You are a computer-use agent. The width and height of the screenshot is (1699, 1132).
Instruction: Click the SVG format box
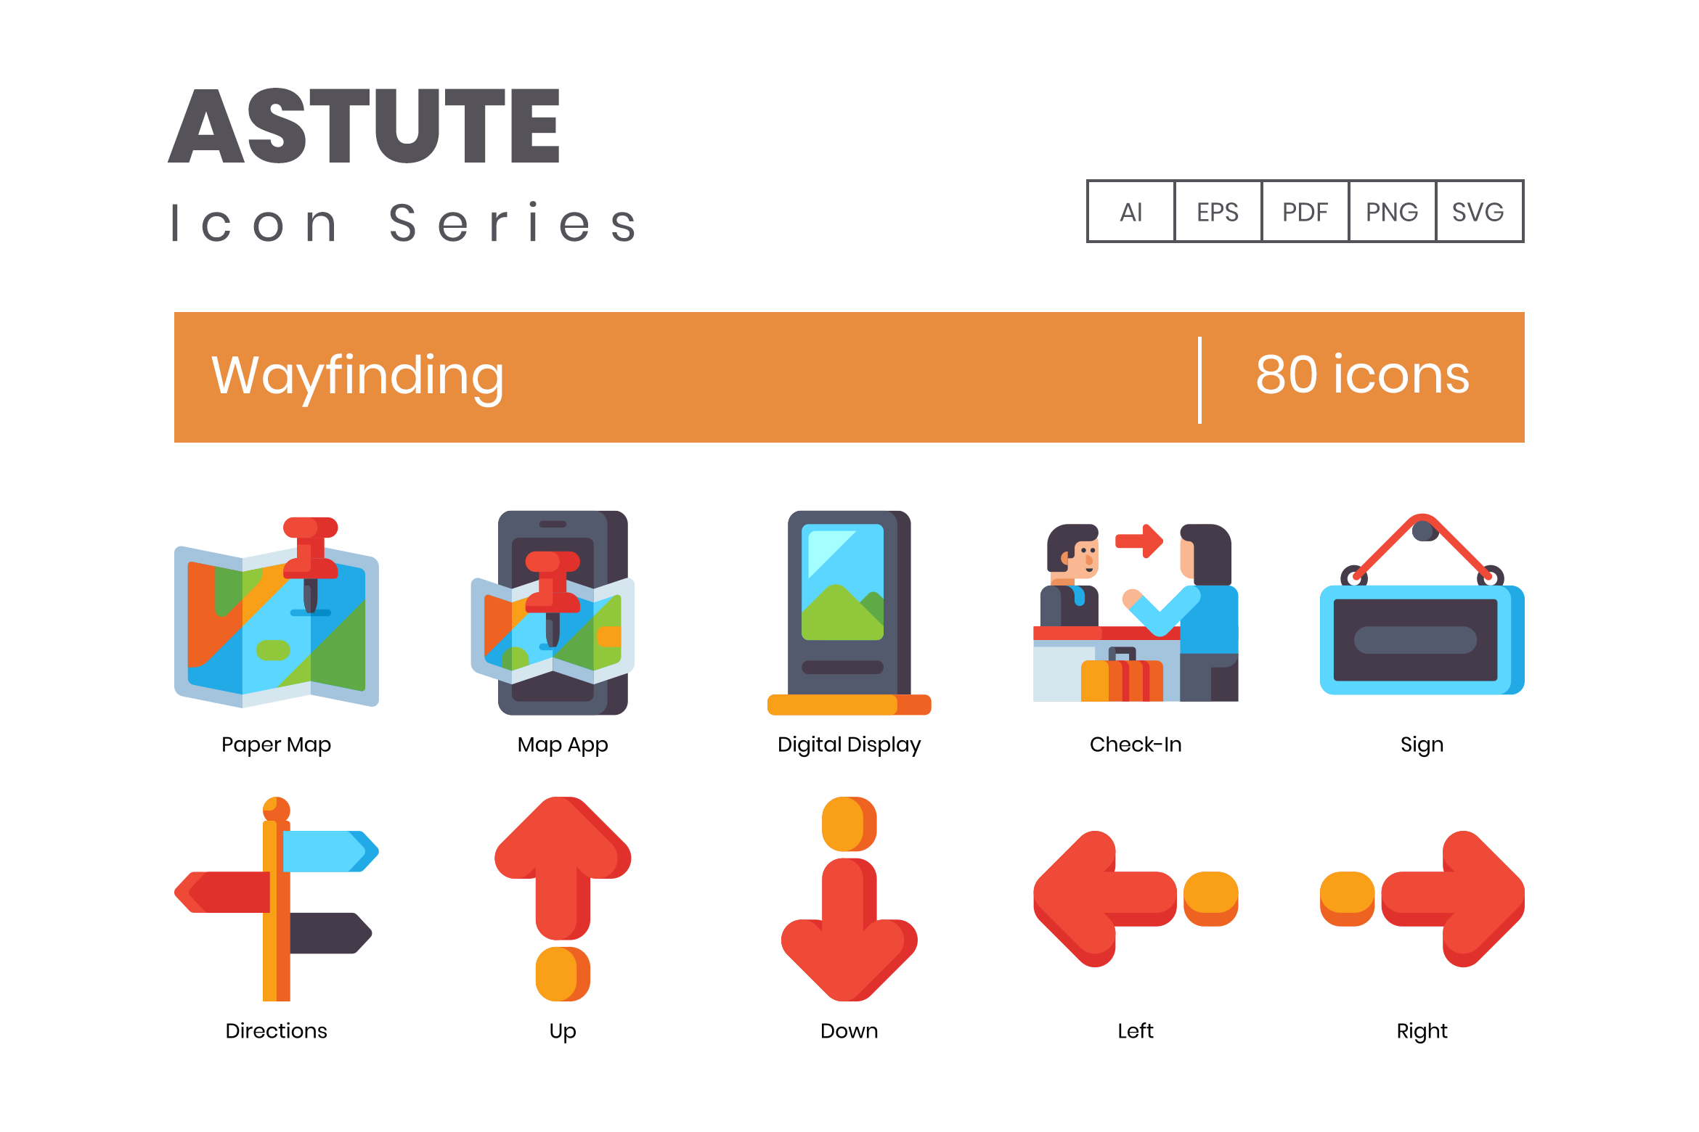click(x=1479, y=211)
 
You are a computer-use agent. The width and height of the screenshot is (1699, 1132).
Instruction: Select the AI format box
click(x=1131, y=211)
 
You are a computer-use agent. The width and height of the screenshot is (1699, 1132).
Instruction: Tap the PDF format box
click(x=1305, y=211)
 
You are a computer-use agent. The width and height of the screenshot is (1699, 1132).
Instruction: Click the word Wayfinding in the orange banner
click(x=357, y=377)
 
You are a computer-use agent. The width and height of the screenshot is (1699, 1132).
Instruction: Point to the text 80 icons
click(x=1363, y=375)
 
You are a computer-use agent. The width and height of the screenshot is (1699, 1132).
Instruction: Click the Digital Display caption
click(x=849, y=745)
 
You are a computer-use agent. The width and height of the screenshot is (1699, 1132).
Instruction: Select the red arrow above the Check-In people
click(x=1139, y=541)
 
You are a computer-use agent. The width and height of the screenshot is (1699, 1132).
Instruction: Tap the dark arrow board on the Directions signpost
click(x=331, y=933)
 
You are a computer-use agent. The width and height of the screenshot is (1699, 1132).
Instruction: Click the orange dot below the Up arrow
click(x=563, y=974)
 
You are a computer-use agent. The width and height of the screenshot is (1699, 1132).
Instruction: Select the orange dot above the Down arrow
click(x=849, y=824)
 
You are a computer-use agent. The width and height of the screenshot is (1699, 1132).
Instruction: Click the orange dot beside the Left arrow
click(x=1210, y=898)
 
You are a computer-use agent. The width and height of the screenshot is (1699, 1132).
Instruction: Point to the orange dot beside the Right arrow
click(x=1347, y=898)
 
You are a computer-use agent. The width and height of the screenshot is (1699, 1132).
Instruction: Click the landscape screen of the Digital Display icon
click(x=842, y=582)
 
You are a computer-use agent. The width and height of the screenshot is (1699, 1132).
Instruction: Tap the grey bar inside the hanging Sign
click(x=1415, y=640)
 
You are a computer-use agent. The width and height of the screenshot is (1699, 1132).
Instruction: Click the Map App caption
click(x=563, y=745)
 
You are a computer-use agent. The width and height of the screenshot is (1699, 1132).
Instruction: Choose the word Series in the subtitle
click(x=513, y=222)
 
